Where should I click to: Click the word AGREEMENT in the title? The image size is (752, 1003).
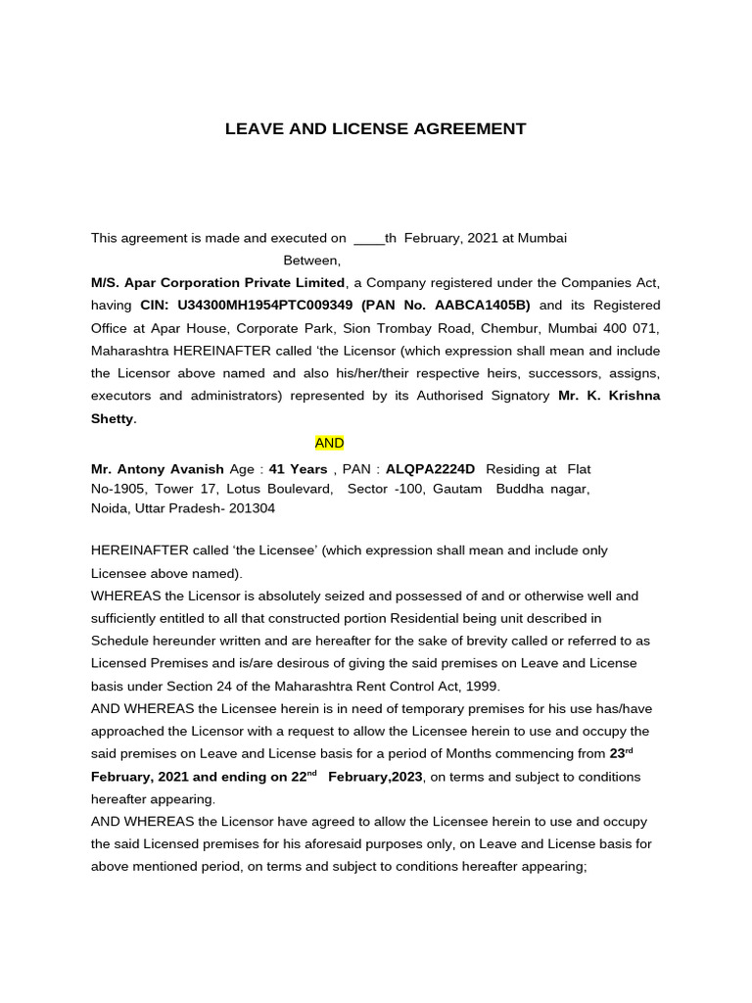(x=465, y=129)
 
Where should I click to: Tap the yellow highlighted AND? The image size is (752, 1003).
(x=329, y=444)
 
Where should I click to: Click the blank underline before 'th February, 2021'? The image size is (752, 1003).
(x=368, y=238)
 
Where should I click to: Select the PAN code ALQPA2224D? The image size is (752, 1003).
(x=430, y=469)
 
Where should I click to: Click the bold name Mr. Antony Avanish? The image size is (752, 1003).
(x=158, y=469)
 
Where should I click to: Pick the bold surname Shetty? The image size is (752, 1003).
(x=113, y=418)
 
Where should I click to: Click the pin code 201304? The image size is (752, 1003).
(x=252, y=508)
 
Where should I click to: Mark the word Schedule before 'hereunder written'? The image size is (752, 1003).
(x=121, y=641)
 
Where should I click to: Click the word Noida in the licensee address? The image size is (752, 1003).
(x=110, y=508)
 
